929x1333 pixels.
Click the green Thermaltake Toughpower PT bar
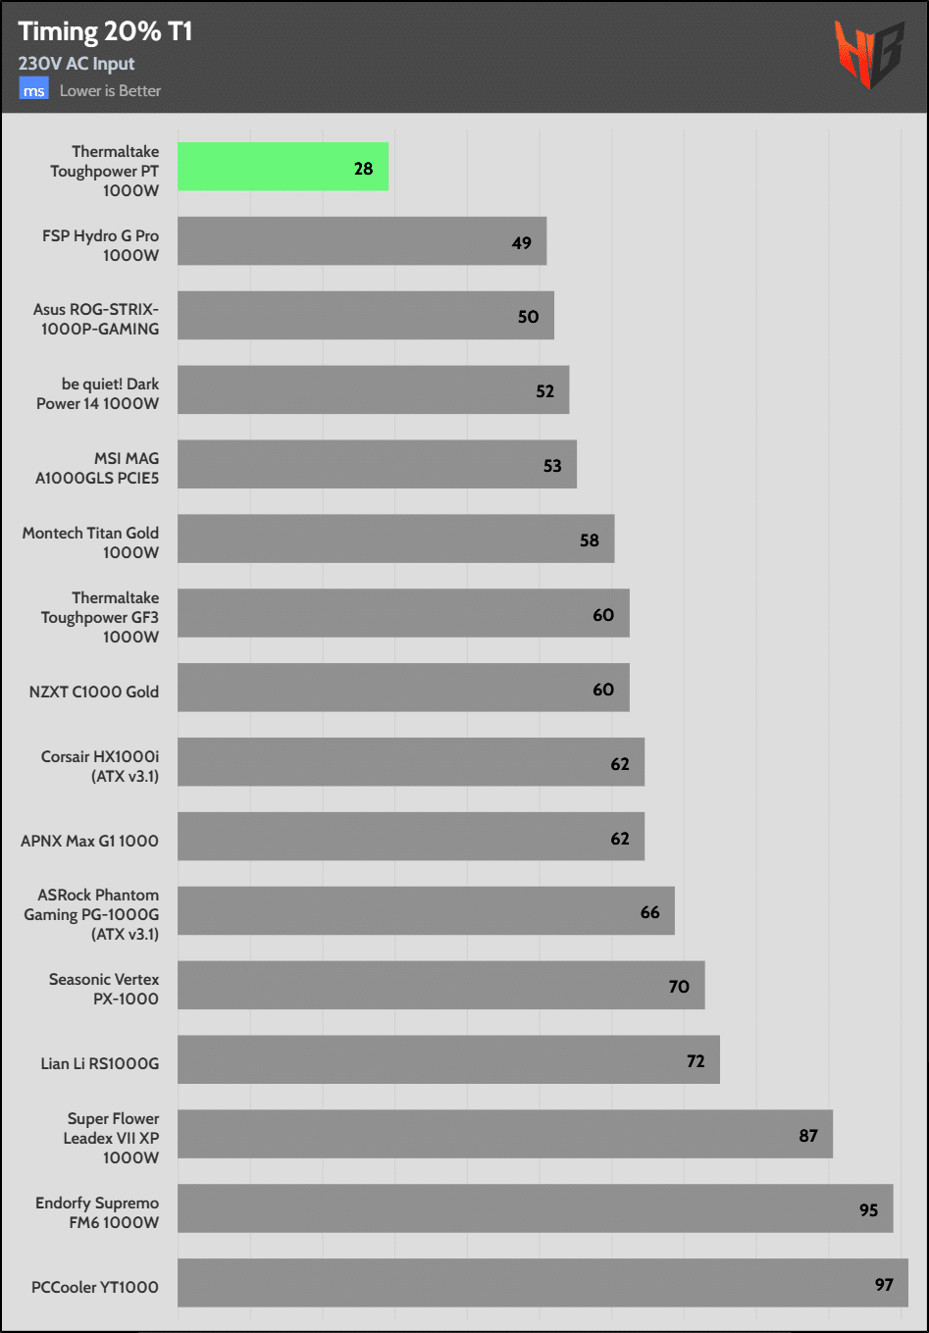283,167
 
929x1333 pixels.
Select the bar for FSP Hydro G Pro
361,241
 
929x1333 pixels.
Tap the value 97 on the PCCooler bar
884,1284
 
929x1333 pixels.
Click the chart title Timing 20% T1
105,31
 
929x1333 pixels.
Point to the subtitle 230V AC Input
77,64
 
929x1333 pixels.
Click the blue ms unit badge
34,90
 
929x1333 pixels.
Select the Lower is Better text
110,90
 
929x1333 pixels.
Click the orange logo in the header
868,54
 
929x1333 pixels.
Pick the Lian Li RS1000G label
99,1063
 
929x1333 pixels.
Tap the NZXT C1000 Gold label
93,692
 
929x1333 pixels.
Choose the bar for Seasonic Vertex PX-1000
440,985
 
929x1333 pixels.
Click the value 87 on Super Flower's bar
808,1135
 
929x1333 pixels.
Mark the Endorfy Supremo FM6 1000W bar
535,1208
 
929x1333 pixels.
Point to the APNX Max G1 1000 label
89,841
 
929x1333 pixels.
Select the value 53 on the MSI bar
552,466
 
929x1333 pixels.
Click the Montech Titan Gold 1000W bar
395,538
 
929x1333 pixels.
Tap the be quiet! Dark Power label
97,393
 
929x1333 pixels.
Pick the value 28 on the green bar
363,169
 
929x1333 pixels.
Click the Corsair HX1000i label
100,766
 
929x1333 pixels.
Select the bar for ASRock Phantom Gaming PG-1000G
426,910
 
